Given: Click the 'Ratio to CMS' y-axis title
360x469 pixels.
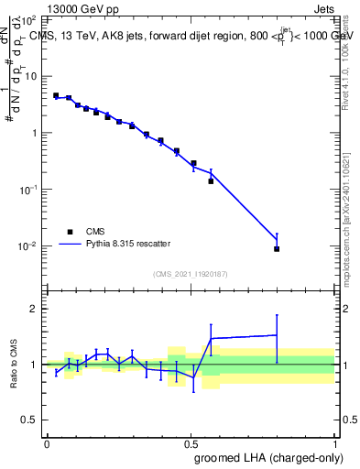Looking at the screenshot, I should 14,364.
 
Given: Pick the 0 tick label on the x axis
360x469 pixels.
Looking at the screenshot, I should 47,442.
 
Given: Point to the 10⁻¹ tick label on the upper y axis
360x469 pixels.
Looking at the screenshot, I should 28,190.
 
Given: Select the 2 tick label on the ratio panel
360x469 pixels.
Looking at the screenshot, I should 35,309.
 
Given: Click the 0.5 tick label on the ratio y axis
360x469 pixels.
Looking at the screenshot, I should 30,421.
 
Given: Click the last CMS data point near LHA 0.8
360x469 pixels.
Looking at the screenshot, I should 277,248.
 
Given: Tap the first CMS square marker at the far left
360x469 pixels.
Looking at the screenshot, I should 56,95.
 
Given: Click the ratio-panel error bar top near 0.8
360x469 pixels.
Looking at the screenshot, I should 277,315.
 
